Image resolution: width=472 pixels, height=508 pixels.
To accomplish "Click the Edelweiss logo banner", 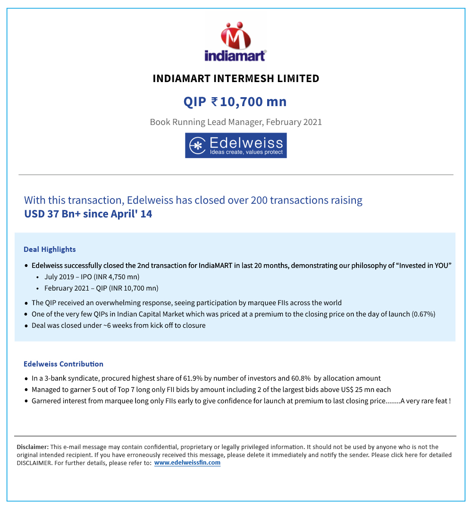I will coord(236,145).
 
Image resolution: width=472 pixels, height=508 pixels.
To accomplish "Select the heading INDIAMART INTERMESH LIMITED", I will coord(236,79).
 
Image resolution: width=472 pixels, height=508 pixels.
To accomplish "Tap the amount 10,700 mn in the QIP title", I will coord(253,102).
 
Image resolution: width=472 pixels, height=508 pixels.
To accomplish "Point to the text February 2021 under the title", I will coord(294,122).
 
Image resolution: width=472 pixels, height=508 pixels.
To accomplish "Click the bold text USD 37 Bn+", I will coord(52,214).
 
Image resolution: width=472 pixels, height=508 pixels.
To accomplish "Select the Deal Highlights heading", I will coord(50,250).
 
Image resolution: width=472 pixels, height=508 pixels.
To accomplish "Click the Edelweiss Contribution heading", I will coord(63,364).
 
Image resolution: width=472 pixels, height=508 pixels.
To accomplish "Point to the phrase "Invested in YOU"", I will coord(423,266).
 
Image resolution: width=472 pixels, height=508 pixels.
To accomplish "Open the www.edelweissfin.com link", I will coord(187,463).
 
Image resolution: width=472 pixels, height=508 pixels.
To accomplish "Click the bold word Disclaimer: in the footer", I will coord(33,447).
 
